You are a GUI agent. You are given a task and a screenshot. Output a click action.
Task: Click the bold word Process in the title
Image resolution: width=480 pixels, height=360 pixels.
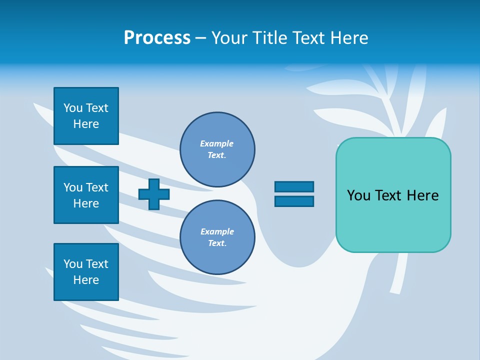pos(157,38)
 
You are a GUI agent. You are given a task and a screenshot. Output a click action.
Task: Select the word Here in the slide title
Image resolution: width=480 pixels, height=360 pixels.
pos(348,38)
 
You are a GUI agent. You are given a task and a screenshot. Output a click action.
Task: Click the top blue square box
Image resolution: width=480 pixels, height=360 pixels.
pos(86,116)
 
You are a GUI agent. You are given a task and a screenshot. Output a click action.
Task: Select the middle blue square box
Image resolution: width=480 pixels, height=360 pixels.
pos(86,195)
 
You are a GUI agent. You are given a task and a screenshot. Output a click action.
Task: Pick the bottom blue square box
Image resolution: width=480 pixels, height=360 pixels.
pos(86,271)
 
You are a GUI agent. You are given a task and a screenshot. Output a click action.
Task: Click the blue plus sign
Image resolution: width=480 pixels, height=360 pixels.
pos(154,194)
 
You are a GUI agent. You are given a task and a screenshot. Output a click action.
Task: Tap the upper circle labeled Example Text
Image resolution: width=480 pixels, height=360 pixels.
pos(217,149)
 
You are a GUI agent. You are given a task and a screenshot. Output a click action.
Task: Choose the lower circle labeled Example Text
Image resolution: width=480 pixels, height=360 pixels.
pos(217,237)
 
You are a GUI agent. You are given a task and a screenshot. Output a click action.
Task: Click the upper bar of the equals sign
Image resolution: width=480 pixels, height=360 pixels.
pos(294,187)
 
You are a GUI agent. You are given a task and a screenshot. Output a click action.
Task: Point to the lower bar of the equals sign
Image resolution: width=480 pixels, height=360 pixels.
pos(294,201)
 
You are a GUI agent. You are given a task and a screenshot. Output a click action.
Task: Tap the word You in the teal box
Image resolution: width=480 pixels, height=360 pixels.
pos(358,195)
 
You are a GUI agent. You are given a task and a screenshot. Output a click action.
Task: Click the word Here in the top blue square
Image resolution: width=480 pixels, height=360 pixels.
pos(86,124)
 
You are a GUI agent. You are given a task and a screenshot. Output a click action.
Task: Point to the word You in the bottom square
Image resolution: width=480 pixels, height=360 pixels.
pos(73,264)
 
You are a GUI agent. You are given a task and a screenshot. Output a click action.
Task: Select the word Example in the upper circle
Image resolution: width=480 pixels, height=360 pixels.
pos(216,143)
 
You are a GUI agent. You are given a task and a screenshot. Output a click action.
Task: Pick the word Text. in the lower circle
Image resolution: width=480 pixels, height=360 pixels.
pos(217,243)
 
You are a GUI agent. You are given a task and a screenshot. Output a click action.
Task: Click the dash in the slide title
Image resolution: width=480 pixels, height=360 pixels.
pos(201,38)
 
